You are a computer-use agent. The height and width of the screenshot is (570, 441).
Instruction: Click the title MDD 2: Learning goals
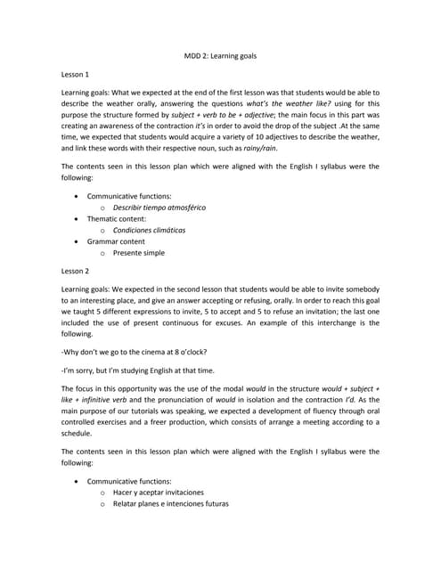point(220,55)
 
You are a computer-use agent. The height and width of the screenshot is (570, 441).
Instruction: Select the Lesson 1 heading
point(77,75)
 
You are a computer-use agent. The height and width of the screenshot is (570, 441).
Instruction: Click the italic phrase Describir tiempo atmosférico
point(159,207)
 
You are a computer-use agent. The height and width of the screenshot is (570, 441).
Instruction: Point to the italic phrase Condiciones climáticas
point(150,230)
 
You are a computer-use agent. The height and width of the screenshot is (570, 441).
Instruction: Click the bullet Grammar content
point(116,241)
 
